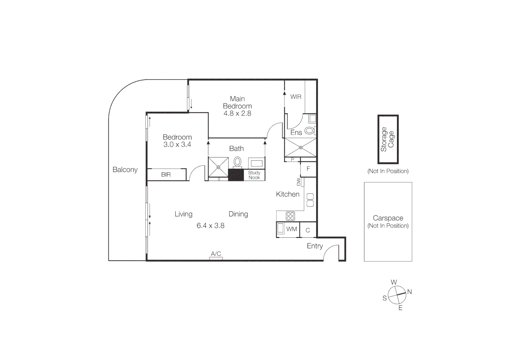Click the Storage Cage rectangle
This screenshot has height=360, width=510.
pos(388,139)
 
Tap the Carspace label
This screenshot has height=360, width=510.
pos(388,218)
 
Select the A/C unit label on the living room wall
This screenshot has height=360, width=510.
pos(216,254)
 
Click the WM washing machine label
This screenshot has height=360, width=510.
pos(292,229)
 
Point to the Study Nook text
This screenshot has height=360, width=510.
pos(254,175)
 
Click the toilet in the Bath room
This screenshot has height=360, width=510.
pos(237,162)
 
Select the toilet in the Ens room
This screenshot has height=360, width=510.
pos(309,131)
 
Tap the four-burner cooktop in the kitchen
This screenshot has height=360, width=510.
pos(290,216)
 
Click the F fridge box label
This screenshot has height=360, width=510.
pos(308,169)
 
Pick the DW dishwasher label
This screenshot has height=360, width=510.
pos(299,182)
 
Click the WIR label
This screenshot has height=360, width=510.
pos(296,97)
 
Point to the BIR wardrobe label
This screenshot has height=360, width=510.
pos(166,175)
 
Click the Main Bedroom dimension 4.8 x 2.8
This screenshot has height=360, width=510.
pos(237,113)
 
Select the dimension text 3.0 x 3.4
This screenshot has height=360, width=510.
pos(177,145)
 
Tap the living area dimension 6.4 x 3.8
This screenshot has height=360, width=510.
pos(210,226)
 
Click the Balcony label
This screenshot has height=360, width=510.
pos(125,170)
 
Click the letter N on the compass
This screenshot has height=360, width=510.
pos(410,292)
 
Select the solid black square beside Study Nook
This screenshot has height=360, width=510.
pos(236,175)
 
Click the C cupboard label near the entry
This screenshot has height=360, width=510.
pos(308,230)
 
